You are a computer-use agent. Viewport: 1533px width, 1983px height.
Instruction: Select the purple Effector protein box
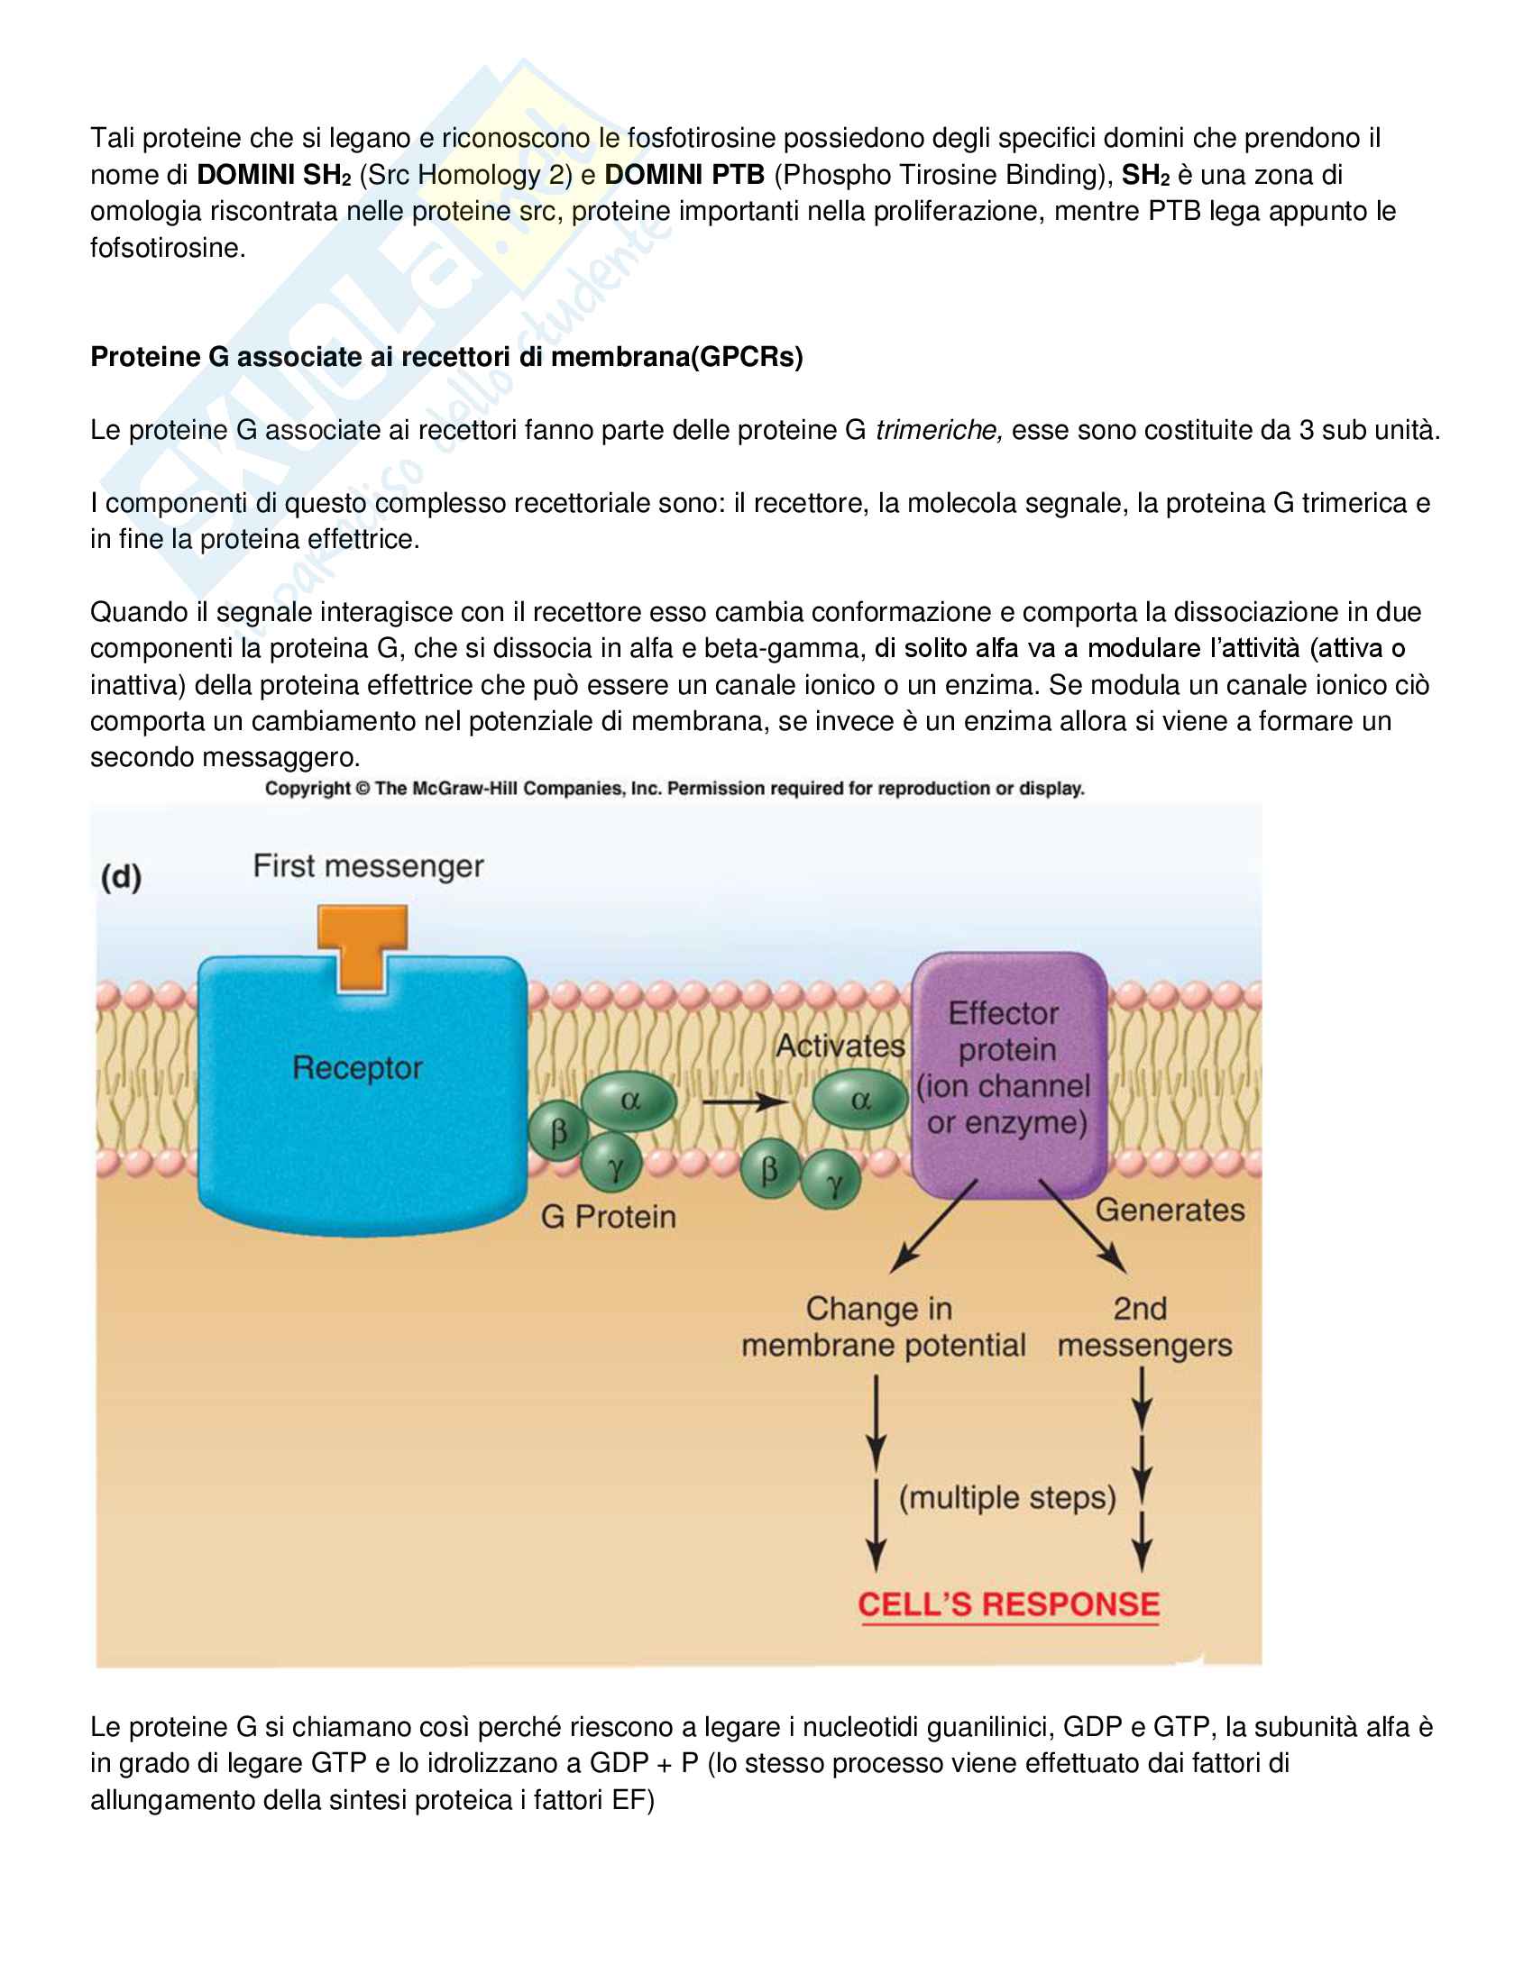tap(1008, 1072)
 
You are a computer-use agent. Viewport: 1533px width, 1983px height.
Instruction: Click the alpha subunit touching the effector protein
tap(859, 1100)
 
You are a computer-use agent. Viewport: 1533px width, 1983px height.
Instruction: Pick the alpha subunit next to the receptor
tap(629, 1100)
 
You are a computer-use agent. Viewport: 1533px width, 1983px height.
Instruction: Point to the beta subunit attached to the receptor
tap(557, 1132)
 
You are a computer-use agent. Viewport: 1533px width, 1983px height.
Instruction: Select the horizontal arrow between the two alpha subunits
tap(743, 1101)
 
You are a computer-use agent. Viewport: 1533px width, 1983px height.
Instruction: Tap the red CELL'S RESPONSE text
tap(1008, 1604)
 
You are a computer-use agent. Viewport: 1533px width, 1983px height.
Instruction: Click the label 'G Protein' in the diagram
tap(608, 1217)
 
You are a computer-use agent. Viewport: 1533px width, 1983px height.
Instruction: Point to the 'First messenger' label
tap(368, 866)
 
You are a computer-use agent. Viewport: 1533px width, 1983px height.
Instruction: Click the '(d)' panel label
tap(121, 877)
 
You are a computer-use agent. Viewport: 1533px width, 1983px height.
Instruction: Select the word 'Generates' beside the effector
tap(1170, 1210)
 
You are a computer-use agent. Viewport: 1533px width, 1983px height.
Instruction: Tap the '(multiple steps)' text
tap(1006, 1496)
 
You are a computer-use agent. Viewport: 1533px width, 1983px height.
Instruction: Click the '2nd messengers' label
tap(1143, 1327)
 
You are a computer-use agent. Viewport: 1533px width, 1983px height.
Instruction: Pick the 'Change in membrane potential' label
tap(882, 1327)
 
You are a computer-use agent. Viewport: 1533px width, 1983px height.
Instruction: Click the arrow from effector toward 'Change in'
tap(933, 1225)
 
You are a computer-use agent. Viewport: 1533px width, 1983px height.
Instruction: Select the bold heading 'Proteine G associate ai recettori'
tap(445, 357)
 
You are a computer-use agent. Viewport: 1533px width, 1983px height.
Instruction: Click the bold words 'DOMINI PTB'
tap(684, 174)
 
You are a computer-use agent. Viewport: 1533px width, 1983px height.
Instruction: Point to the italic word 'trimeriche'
tap(937, 429)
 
